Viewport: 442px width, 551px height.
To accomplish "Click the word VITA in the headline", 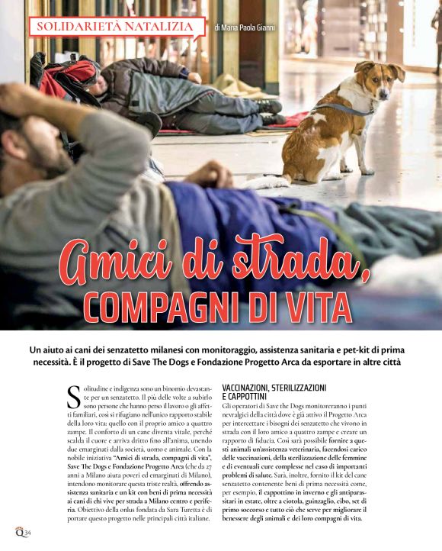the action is click(x=317, y=304).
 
